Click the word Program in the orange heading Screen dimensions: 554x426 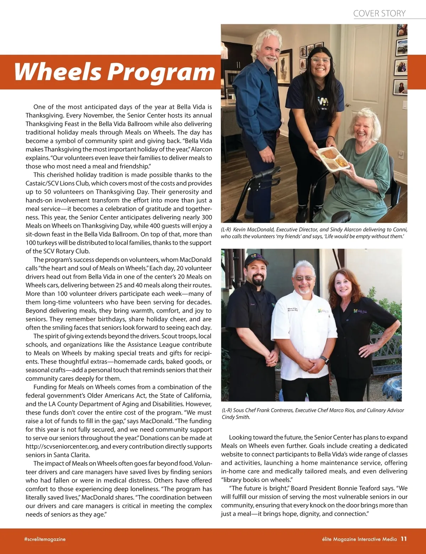click(x=161, y=72)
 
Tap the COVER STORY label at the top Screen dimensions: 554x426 click(x=379, y=14)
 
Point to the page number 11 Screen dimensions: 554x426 click(x=404, y=539)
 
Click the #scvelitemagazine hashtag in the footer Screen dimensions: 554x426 click(x=45, y=539)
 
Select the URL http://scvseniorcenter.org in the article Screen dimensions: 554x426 click(x=62, y=447)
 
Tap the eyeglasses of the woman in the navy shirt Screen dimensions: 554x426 click(x=321, y=60)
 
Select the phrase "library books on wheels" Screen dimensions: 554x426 click(x=256, y=480)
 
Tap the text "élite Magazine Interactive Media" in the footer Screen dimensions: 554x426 click(x=357, y=539)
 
